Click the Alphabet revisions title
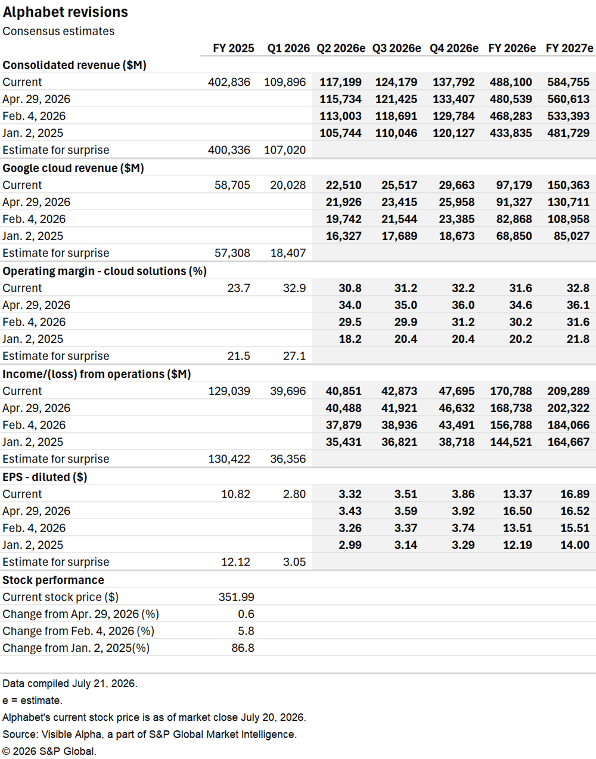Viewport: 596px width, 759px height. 66,13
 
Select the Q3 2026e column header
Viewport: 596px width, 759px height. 396,48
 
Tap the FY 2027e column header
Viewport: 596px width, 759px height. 569,48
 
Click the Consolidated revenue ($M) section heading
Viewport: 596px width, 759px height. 74,65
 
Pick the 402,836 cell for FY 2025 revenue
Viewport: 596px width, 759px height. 229,82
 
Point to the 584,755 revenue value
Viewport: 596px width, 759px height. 569,82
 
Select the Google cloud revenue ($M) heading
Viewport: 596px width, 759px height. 73,168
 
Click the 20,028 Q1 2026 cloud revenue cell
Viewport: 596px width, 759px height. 288,185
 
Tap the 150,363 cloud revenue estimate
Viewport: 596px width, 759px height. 569,185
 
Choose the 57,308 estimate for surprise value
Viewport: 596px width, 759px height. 232,253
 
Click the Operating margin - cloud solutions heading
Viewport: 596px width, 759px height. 104,271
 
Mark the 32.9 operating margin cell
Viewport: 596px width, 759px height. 294,288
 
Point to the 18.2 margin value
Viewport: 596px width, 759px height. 350,339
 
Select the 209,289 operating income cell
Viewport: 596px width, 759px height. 569,391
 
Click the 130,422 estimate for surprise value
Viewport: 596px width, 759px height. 229,459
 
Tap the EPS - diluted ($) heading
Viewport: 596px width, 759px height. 45,477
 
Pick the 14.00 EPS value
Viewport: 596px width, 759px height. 575,545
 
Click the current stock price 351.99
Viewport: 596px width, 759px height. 236,597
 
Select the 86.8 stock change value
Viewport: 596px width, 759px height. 243,648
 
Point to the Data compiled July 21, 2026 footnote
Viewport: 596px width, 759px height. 70,683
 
